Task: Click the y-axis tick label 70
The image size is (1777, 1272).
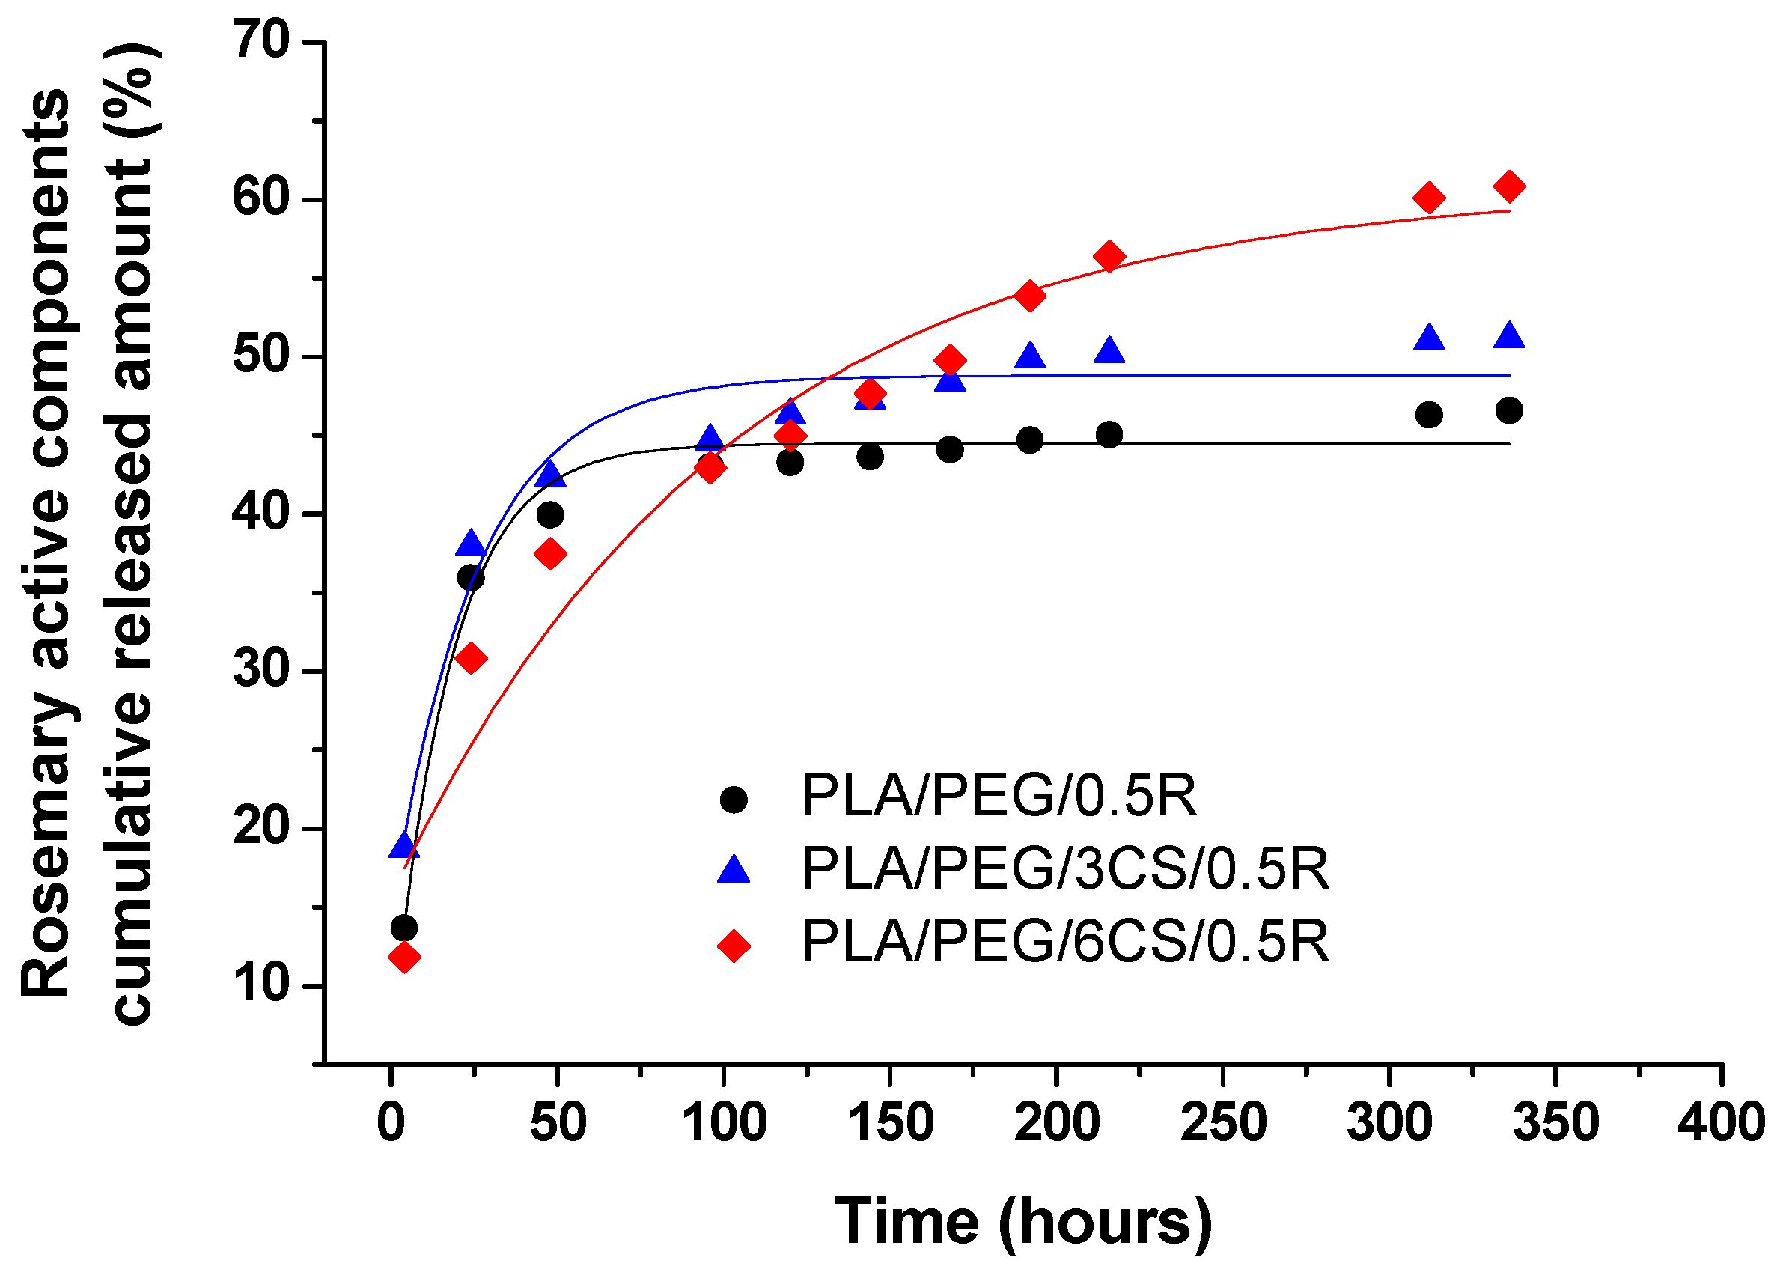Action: click(261, 40)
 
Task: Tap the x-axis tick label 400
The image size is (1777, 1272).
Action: click(1721, 1122)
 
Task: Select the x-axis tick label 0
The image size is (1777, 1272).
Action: click(391, 1122)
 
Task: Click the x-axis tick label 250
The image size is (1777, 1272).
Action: click(1222, 1122)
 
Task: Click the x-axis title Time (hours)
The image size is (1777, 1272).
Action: click(1022, 1220)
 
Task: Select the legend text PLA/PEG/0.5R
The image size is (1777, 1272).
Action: click(999, 797)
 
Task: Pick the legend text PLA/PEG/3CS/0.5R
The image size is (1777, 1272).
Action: click(1065, 868)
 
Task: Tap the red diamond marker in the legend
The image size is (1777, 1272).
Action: click(734, 946)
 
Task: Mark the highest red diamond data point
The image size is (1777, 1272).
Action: click(1508, 186)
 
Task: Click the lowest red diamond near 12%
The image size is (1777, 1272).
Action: click(404, 956)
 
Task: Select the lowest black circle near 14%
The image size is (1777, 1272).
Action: click(404, 928)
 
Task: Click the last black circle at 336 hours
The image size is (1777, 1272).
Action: click(1508, 410)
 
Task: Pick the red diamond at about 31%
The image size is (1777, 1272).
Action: click(471, 659)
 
